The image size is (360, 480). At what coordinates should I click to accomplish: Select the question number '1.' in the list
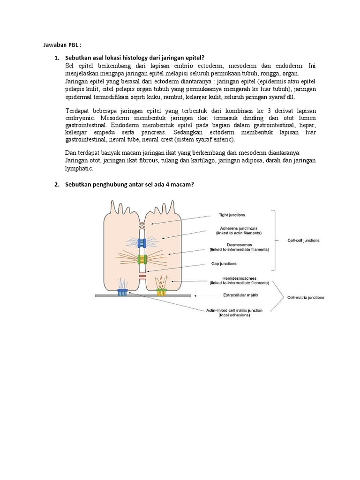pos(57,58)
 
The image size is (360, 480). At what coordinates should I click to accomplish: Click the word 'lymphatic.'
pos(79,168)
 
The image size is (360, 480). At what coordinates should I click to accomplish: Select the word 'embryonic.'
pos(81,119)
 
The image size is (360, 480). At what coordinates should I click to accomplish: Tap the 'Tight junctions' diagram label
pos(232,215)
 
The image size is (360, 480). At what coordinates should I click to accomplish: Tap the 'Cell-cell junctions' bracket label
pos(304,240)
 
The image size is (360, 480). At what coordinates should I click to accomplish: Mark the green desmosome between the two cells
pos(142,259)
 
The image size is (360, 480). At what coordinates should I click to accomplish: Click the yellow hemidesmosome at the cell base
pos(161,292)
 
